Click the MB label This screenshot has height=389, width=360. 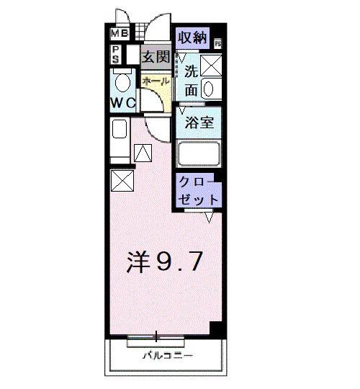[120, 33]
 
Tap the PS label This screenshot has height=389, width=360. [115, 54]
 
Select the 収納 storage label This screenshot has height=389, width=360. [192, 37]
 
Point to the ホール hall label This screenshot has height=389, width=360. [155, 81]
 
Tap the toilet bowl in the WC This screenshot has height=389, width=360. [122, 81]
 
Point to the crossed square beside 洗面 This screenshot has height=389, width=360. [212, 65]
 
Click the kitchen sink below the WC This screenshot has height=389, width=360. [120, 130]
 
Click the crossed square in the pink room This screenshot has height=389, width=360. [122, 180]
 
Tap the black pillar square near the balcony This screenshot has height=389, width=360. [215, 328]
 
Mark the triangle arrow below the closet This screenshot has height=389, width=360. [209, 216]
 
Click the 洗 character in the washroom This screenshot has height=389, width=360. [191, 71]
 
